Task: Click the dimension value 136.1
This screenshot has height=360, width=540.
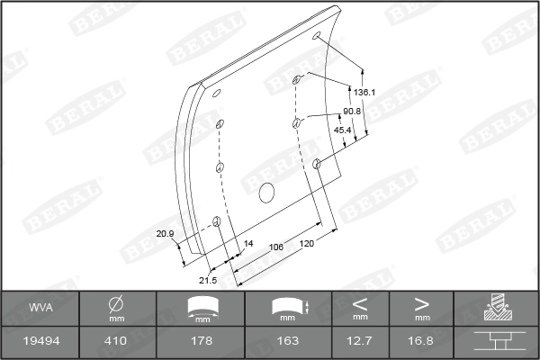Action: (x=364, y=92)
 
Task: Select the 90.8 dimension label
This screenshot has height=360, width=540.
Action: (x=352, y=111)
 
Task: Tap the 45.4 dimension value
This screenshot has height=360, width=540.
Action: (x=343, y=130)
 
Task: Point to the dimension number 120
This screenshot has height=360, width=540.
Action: (x=307, y=244)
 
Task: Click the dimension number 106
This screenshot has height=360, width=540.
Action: (x=276, y=246)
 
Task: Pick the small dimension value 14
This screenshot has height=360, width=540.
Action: (x=249, y=244)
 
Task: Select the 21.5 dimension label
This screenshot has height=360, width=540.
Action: (x=208, y=280)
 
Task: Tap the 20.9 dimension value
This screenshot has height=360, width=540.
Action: (x=165, y=234)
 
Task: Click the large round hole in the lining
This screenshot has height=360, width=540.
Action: (x=265, y=192)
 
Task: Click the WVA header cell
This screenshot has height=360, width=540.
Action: (x=40, y=308)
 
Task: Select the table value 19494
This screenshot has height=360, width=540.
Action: (x=40, y=341)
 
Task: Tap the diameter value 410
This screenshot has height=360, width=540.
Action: (x=116, y=341)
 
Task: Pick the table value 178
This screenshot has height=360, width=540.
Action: (x=202, y=341)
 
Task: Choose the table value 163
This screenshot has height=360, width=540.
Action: (x=288, y=341)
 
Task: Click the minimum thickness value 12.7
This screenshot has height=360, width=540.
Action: (x=360, y=341)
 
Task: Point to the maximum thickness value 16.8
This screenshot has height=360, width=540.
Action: (x=421, y=341)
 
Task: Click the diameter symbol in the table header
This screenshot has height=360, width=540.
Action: (x=116, y=303)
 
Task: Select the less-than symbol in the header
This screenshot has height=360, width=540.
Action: (x=360, y=302)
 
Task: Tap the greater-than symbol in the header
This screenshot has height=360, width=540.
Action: (x=421, y=302)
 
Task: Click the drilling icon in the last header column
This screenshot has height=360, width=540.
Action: (x=496, y=308)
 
